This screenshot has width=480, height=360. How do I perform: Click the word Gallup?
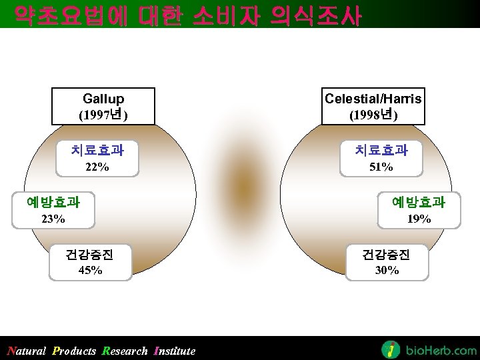pyautogui.click(x=103, y=99)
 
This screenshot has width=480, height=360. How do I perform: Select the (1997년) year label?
pyautogui.click(x=103, y=115)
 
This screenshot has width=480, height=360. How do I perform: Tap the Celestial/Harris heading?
pyautogui.click(x=373, y=99)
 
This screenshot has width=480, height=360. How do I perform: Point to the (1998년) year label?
pyautogui.click(x=373, y=115)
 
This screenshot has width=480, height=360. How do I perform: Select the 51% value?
pyautogui.click(x=381, y=167)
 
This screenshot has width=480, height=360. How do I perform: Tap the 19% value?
pyautogui.click(x=419, y=219)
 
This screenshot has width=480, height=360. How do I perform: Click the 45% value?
pyautogui.click(x=90, y=270)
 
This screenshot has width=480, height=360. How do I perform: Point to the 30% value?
pyautogui.click(x=387, y=270)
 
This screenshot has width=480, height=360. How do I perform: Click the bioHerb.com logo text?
pyautogui.click(x=441, y=350)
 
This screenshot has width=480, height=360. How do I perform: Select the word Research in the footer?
pyautogui.click(x=125, y=351)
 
